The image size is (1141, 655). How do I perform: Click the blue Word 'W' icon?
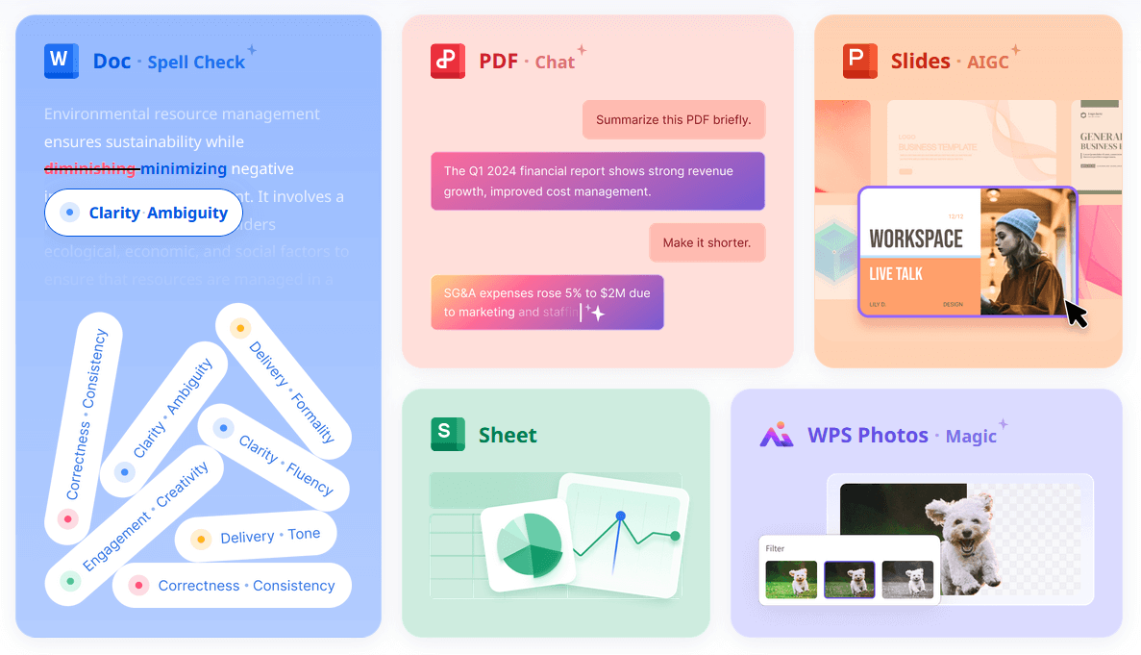click(x=61, y=61)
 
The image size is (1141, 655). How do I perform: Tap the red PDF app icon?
click(x=448, y=61)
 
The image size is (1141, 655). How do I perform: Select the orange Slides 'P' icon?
click(x=860, y=61)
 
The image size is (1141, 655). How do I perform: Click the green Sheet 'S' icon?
click(x=448, y=435)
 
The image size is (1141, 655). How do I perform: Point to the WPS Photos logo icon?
click(x=777, y=435)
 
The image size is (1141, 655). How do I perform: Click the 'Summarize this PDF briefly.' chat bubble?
click(x=673, y=120)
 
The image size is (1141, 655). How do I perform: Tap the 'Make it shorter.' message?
click(x=707, y=242)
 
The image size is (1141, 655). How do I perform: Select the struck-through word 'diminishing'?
click(x=90, y=169)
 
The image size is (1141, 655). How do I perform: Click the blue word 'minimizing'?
click(x=184, y=169)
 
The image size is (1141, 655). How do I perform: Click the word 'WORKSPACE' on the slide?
click(x=915, y=238)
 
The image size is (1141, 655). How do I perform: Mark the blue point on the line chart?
click(x=620, y=516)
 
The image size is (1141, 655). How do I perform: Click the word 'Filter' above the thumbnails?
click(x=775, y=548)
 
